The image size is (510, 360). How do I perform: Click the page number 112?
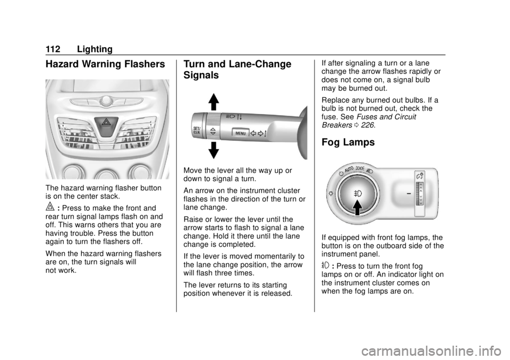tap(53, 49)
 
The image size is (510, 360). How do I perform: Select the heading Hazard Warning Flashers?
tap(105, 64)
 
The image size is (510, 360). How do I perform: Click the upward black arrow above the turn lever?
tap(214, 102)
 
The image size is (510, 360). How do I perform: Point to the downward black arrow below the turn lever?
tap(214, 150)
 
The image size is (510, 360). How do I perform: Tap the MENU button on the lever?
tap(240, 133)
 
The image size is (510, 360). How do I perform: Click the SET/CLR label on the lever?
tap(197, 131)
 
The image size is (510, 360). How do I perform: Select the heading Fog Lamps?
tap(348, 142)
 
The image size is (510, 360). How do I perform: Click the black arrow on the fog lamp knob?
tap(357, 208)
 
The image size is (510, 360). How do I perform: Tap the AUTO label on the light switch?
tap(349, 169)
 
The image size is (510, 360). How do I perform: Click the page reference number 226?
tap(367, 125)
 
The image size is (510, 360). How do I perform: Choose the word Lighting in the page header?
tap(95, 49)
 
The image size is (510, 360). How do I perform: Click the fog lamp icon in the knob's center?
tap(358, 194)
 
